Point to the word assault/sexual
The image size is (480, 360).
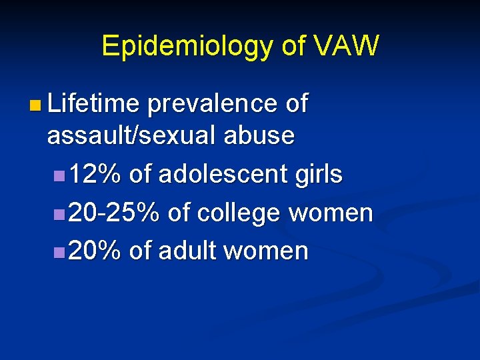tap(131, 136)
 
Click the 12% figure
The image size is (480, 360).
tap(95, 175)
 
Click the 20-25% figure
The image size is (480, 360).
tap(114, 213)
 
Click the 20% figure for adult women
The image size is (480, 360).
tap(95, 251)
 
